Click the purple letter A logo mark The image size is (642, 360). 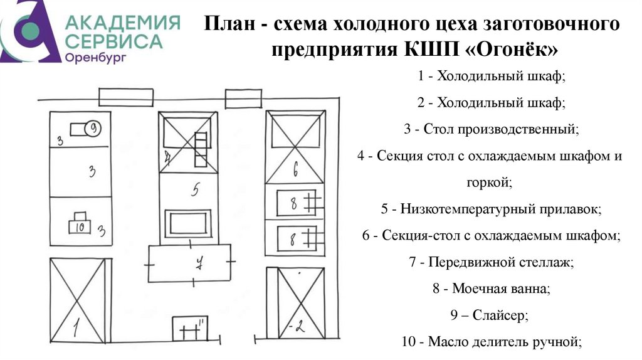point(28,31)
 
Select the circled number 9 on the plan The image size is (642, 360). point(92,129)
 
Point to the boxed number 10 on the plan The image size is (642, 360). point(80,227)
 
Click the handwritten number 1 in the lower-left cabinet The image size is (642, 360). point(75,326)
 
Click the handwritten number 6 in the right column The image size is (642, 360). point(296,168)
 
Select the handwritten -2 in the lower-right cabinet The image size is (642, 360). point(297,327)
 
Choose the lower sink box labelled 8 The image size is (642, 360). point(293,238)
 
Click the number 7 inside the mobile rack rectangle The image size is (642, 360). point(198,263)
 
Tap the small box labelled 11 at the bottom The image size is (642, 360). point(190,329)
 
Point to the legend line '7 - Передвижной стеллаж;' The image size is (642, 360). point(491,263)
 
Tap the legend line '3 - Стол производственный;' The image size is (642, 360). point(492,130)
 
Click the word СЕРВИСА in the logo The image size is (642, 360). point(113,41)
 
